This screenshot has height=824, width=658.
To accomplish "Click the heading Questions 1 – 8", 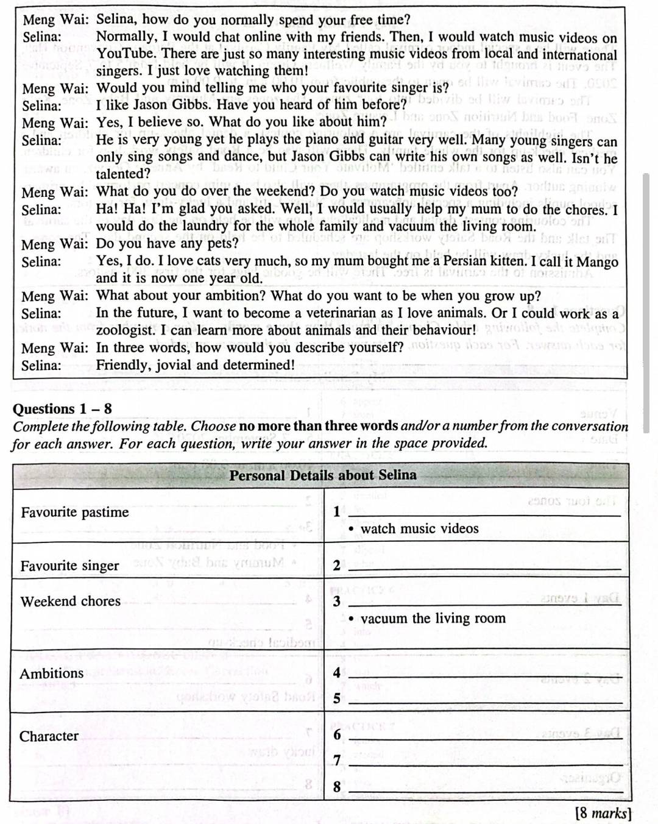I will [x=62, y=409].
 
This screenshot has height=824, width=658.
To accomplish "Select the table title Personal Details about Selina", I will [x=323, y=475].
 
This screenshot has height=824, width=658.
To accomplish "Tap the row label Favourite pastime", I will [x=75, y=513].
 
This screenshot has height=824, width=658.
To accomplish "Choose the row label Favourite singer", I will [x=69, y=566].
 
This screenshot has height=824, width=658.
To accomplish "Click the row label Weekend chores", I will [x=71, y=602].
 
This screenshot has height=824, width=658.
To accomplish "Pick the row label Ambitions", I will [x=52, y=673].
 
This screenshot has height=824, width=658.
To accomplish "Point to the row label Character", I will [x=49, y=736].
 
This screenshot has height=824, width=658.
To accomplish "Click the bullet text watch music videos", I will [x=419, y=529].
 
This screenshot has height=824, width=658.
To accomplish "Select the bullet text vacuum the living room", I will [x=433, y=619].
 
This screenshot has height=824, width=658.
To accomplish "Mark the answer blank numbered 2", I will [x=484, y=567].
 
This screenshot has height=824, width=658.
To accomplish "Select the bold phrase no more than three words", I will [x=318, y=426].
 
